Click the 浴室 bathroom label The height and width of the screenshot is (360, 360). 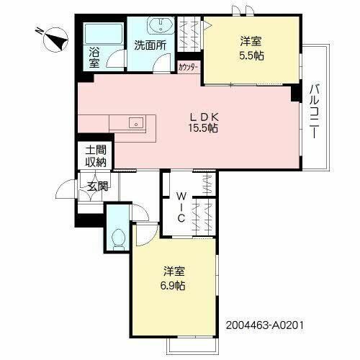click(94, 58)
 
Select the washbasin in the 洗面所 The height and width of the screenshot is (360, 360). click(158, 27)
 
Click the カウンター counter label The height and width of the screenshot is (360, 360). click(189, 68)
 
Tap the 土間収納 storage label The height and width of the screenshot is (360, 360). click(96, 156)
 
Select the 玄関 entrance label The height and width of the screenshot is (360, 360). click(98, 187)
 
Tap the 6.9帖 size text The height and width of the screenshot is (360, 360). click(173, 286)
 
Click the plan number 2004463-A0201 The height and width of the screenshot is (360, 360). click(269, 325)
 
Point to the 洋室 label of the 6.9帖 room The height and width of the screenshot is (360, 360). click(173, 272)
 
